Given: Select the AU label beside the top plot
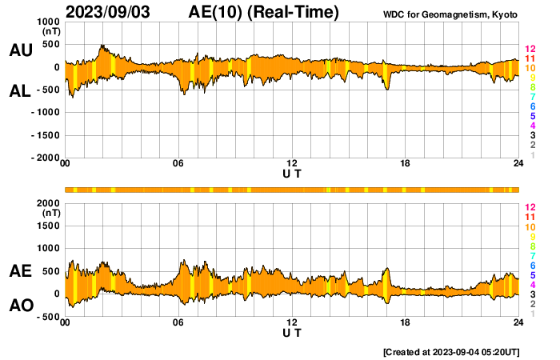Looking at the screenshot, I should (x=20, y=50).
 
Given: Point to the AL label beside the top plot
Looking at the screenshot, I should (x=20, y=91).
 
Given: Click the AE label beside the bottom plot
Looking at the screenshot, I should (x=20, y=272).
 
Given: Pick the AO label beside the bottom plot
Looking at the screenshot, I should (x=20, y=305).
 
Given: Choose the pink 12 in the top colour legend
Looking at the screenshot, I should (x=530, y=49).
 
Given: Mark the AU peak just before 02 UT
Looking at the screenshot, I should (x=102, y=46).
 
